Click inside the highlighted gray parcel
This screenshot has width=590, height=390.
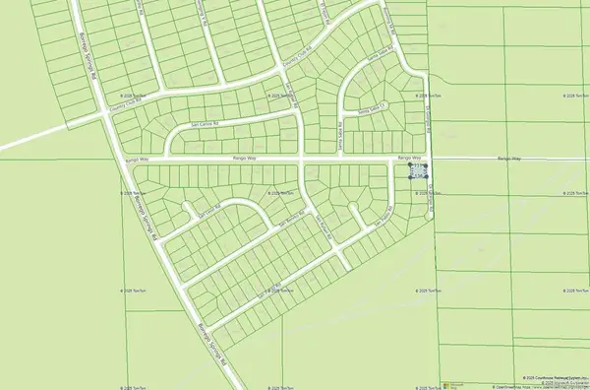(x=419, y=171)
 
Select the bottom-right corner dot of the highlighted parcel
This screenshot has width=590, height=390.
(x=427, y=177)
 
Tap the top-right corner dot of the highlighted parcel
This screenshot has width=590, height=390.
(x=427, y=165)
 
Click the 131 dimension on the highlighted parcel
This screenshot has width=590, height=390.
(x=419, y=166)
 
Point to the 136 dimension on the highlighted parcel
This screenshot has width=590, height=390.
(x=419, y=177)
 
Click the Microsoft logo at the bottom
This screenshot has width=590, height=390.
(x=454, y=382)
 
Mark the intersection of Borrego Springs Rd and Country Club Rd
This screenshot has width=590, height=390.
(x=107, y=111)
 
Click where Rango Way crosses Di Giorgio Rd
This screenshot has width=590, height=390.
(x=430, y=158)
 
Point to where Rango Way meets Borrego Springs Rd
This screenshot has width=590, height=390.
(x=126, y=158)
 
